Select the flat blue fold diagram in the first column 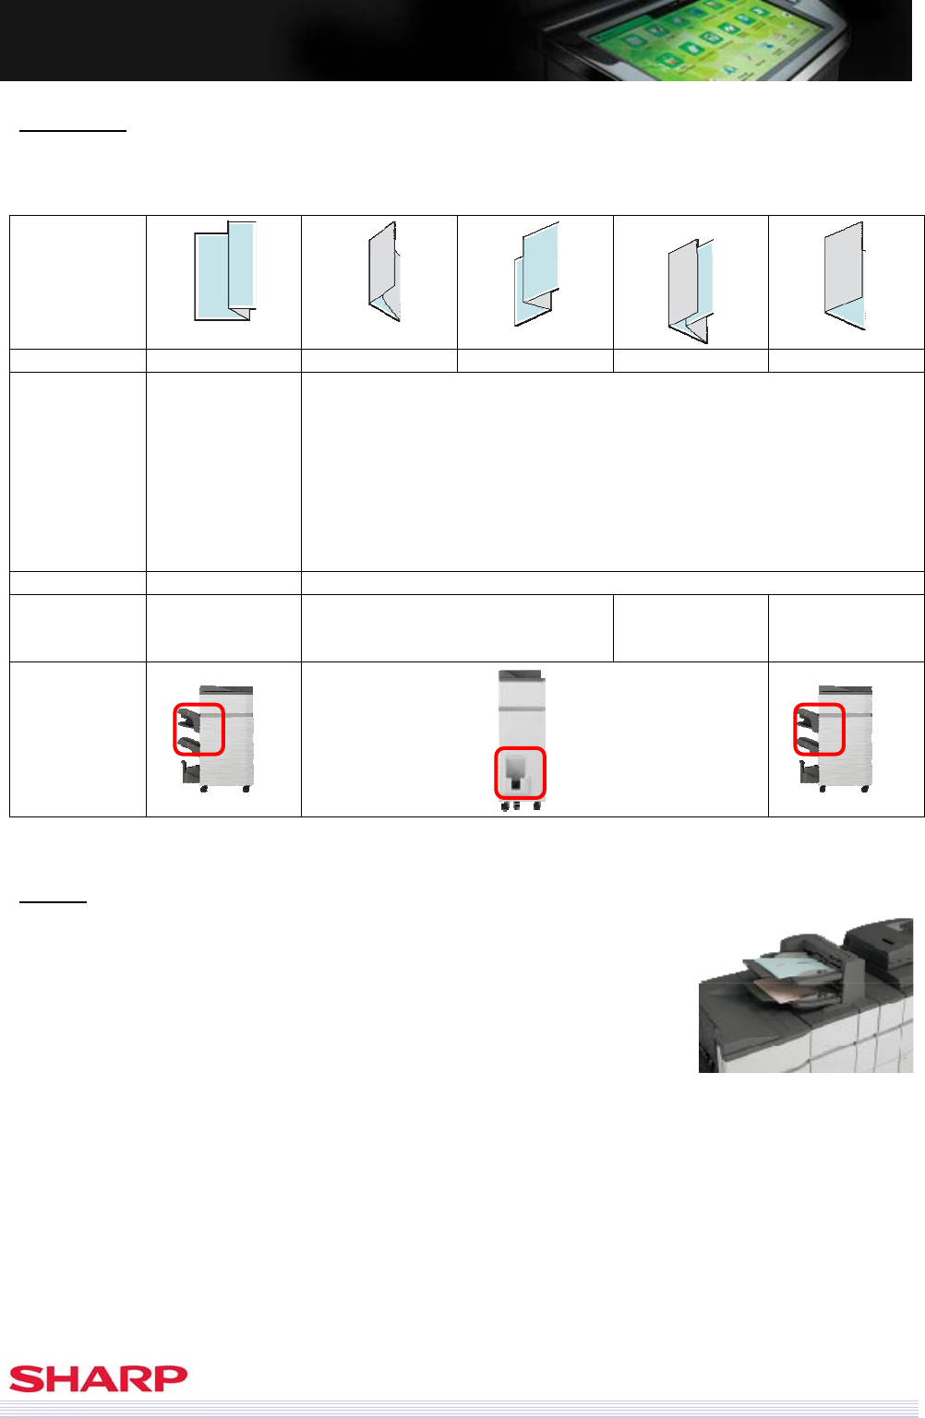point(225,271)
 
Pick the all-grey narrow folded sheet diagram point(384,271)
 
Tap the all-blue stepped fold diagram point(536,273)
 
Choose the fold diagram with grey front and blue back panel point(691,291)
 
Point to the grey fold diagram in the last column point(846,275)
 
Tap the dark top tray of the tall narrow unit point(520,674)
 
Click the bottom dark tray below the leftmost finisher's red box point(190,772)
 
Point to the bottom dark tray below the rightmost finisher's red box point(809,772)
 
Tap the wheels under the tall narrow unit point(520,805)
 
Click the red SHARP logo point(98,1378)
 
